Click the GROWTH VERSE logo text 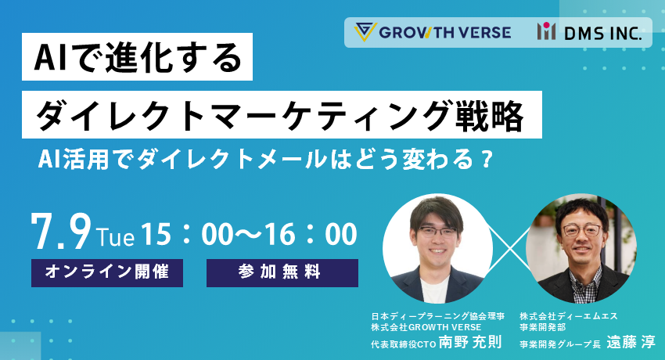pos(445,32)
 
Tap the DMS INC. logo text pos(602,33)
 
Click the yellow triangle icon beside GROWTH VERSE pos(365,32)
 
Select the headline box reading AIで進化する pos(138,57)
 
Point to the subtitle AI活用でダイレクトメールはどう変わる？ pos(266,160)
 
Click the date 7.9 pos(62,232)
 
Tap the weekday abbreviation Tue pos(116,237)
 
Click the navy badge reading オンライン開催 pos(107,272)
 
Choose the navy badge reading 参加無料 pos(282,272)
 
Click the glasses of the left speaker pos(437,232)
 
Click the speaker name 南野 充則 pos(470,342)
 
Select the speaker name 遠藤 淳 pos(631,342)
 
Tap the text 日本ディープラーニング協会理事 pos(437,316)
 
